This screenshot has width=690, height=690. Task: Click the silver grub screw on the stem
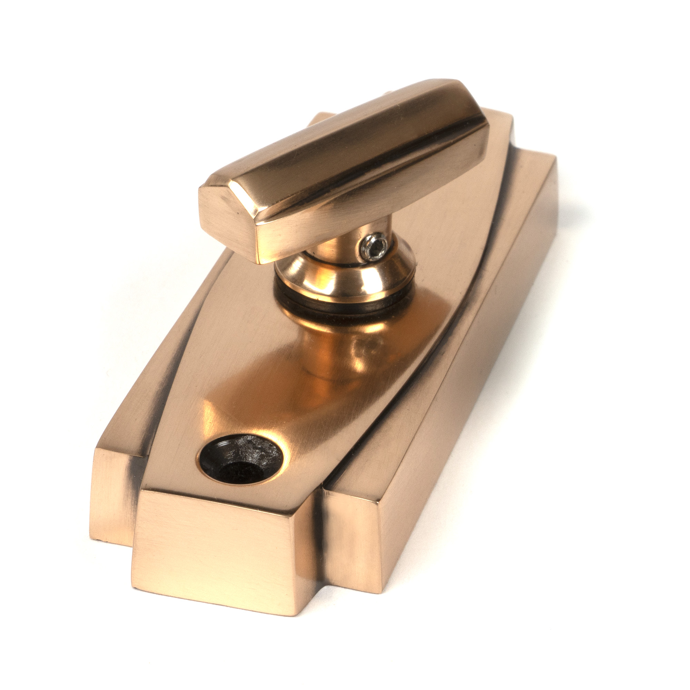click(374, 246)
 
